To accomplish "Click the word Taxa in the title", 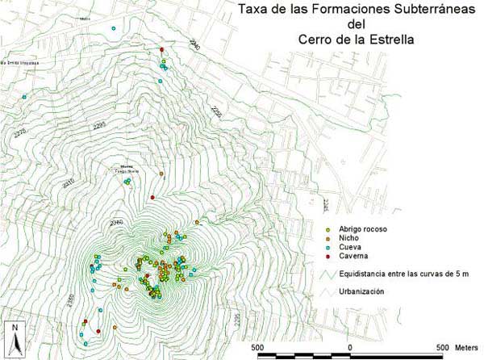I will (x=248, y=11).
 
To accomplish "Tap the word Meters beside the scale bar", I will (x=465, y=346).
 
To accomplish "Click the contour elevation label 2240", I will (x=194, y=45).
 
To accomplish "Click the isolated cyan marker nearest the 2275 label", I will (x=24, y=98).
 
